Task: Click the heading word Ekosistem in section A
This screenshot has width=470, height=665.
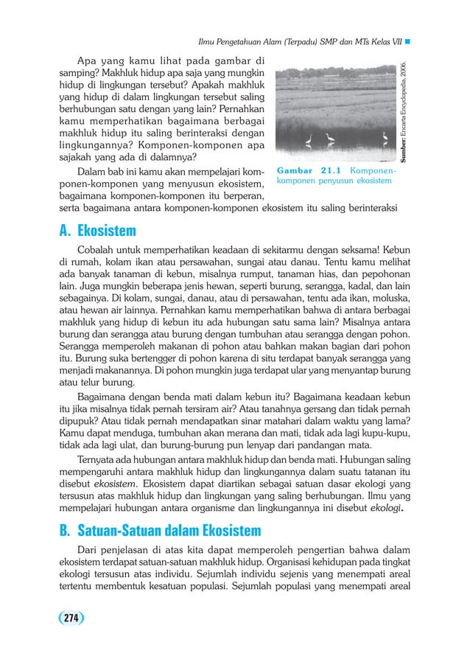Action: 105,231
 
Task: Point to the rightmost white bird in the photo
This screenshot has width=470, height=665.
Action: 385,137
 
